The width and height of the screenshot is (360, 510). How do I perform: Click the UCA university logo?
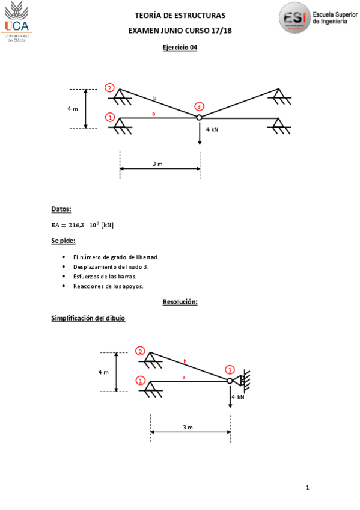click(18, 21)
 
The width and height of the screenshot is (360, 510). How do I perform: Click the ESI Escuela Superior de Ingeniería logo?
click(314, 20)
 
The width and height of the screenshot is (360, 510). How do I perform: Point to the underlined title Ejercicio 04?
click(180, 48)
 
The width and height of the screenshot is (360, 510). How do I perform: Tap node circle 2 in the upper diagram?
click(109, 88)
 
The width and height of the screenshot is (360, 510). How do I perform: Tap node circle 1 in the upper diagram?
click(109, 117)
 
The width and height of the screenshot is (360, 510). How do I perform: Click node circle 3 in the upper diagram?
click(199, 106)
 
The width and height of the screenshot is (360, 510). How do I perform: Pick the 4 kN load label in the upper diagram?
click(212, 129)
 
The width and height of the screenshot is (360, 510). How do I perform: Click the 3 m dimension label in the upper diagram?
click(157, 164)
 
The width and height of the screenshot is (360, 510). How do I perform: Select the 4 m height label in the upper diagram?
click(73, 109)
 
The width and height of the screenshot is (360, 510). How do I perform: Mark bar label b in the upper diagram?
click(154, 97)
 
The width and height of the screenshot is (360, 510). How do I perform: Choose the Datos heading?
click(61, 209)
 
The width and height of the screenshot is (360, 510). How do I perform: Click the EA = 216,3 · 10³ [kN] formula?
click(82, 226)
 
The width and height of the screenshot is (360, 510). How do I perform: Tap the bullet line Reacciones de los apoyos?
click(108, 287)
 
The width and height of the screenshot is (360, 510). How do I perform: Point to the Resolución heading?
click(180, 302)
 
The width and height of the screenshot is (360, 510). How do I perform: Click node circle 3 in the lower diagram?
click(230, 370)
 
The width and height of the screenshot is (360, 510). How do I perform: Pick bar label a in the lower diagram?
click(184, 378)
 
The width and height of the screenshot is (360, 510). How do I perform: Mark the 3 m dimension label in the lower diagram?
click(188, 428)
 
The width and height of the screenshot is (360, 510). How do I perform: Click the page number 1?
click(307, 487)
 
